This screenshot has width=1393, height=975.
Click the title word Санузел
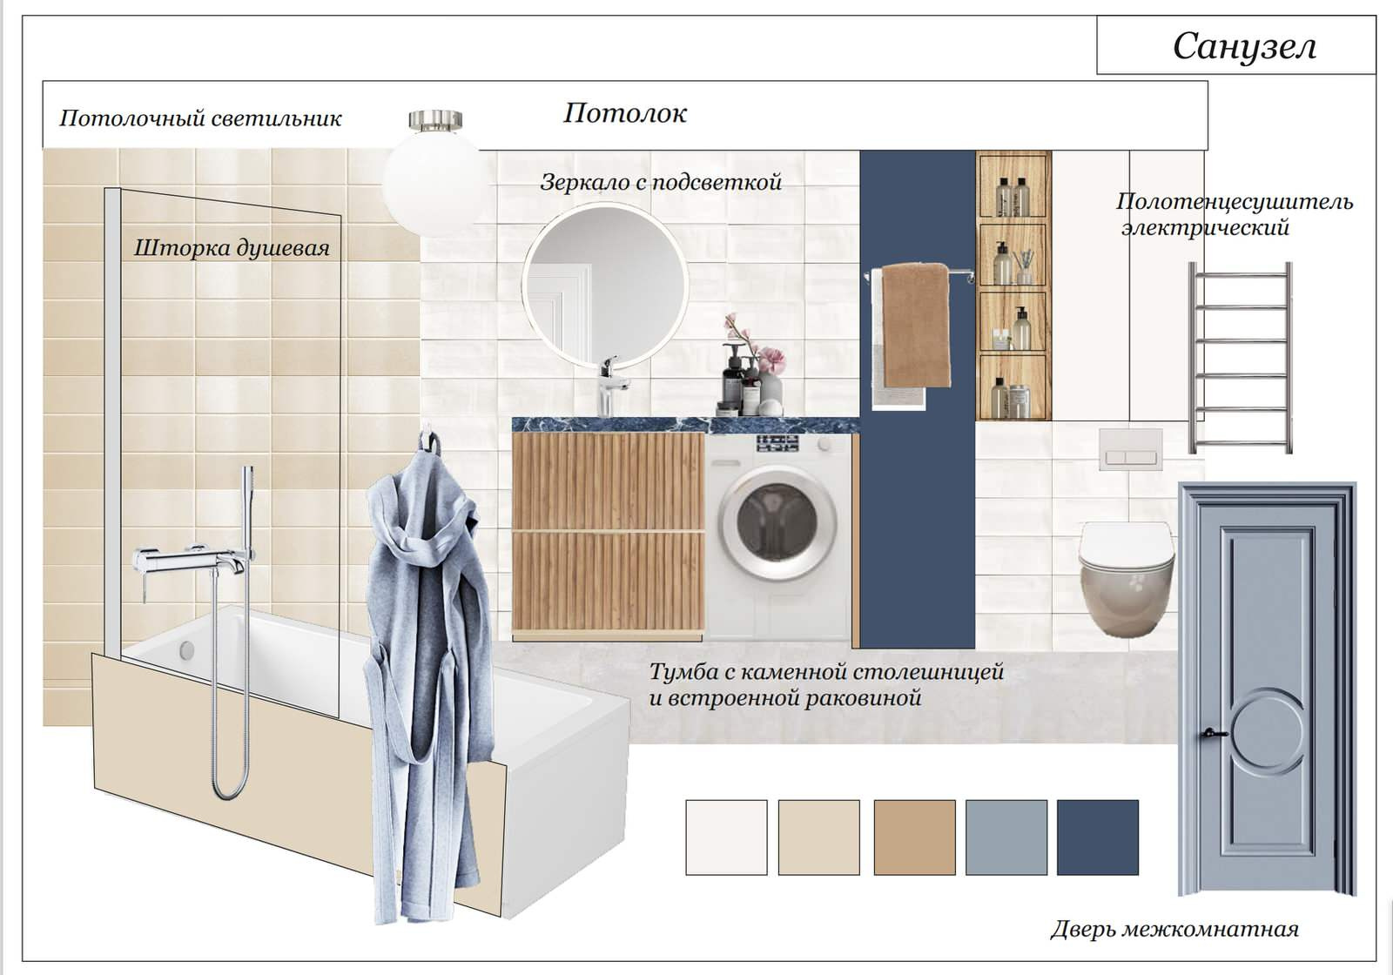point(1243,46)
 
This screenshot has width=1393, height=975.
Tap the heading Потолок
point(624,113)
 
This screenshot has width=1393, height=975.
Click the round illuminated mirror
point(606,283)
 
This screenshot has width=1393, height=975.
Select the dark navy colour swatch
point(1097,837)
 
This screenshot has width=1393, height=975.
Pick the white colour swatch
point(726,837)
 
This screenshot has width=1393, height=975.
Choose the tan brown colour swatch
point(913,837)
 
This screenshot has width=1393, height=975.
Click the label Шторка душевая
point(232,248)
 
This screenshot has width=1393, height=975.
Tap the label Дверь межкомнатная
point(1174,930)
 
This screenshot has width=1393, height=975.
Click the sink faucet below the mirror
point(609,383)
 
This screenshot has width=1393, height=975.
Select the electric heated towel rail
point(1240,357)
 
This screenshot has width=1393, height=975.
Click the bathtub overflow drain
point(186,649)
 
